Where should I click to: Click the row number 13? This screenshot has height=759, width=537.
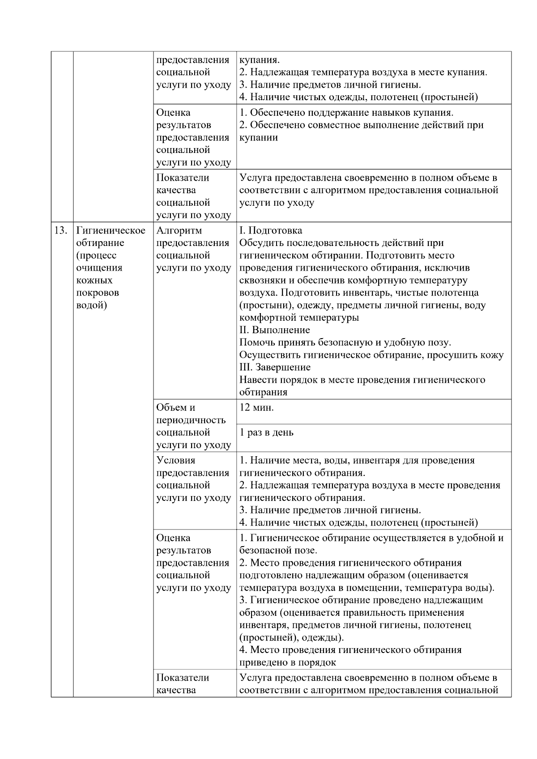(x=60, y=231)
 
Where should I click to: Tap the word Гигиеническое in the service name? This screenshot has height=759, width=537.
(x=111, y=231)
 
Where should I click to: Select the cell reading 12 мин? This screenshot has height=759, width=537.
(x=257, y=407)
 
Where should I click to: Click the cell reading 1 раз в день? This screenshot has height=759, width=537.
(x=267, y=433)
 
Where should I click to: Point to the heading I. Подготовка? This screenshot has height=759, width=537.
(x=271, y=231)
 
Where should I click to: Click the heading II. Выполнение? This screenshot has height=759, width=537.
(x=275, y=330)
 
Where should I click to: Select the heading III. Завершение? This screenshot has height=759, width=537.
(x=275, y=368)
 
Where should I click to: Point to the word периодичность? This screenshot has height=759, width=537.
(x=191, y=420)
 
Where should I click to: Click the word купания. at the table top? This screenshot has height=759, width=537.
(x=260, y=60)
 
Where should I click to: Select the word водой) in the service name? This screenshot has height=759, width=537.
(x=92, y=305)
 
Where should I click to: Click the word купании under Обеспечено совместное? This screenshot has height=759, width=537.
(x=258, y=138)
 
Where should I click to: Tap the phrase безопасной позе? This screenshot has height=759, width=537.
(x=278, y=551)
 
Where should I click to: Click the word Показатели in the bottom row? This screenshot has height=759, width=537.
(x=183, y=678)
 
